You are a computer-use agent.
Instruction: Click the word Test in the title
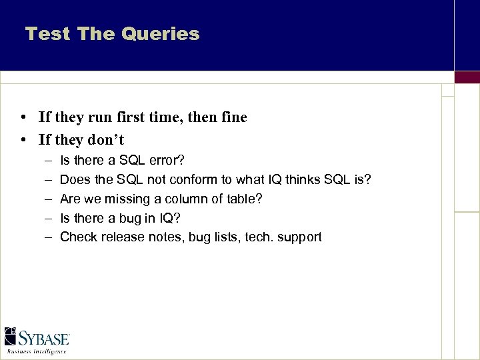pos(47,34)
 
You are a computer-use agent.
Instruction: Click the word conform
pos(195,180)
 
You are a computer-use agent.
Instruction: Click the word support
pos(300,237)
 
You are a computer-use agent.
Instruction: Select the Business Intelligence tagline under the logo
pos(37,351)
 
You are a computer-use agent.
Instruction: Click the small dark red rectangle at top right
pos(467,77)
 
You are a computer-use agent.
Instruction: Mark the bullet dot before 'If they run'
pos(23,118)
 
